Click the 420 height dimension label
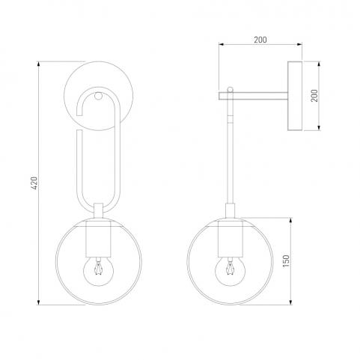[x=34, y=183]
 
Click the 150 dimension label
[x=286, y=261]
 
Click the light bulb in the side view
[x=230, y=271]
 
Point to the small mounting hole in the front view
[x=98, y=96]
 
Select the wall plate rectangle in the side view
[x=295, y=96]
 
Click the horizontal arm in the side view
[x=253, y=96]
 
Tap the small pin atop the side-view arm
[x=230, y=89]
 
